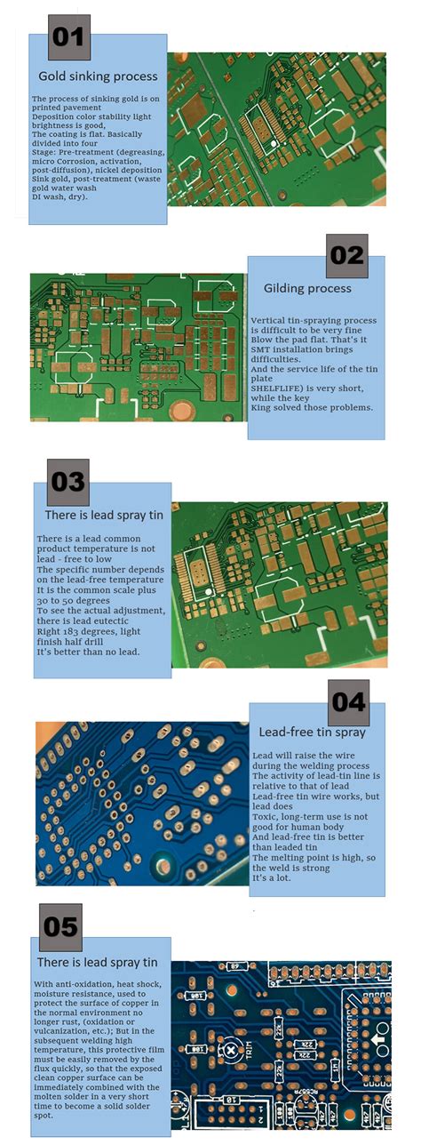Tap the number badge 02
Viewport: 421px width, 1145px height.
346,256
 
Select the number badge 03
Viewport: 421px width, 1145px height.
68,482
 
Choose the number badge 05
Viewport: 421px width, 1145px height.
61,927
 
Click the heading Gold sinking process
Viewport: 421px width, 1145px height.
98,76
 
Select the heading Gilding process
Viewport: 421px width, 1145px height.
307,288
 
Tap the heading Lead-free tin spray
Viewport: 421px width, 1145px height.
312,733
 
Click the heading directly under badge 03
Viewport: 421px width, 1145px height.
101,516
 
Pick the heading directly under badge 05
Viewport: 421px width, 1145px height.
97,962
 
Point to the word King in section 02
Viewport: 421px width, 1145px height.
264,407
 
